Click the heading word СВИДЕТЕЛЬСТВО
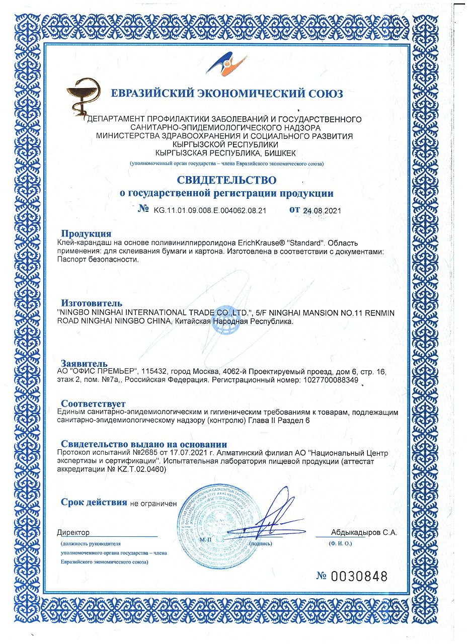pos(226,180)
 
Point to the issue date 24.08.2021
pos(322,211)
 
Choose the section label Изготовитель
pos(92,303)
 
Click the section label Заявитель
pos(84,363)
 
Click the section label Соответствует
pos(93,404)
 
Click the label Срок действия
pos(94,502)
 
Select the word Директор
pos(73,532)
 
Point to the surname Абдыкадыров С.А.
pos(364,532)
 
